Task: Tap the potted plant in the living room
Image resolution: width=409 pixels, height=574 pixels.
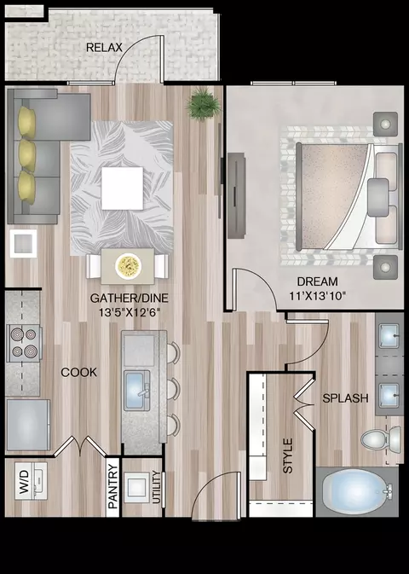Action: tap(203, 104)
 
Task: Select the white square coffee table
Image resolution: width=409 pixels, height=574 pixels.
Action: tap(122, 188)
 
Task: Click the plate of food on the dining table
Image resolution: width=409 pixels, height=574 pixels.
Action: tap(128, 265)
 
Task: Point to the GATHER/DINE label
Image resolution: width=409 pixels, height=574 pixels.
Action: tap(130, 298)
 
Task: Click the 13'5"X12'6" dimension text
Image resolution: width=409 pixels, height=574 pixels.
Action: tap(130, 313)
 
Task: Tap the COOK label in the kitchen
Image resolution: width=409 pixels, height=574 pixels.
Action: tap(79, 373)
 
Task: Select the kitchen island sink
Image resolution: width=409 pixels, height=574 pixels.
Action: tap(137, 391)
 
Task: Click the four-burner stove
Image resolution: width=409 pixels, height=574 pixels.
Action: tap(24, 343)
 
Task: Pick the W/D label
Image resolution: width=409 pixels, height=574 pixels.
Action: tap(23, 482)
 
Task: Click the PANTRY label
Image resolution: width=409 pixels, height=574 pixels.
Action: tap(113, 486)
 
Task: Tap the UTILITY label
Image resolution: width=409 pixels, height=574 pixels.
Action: tap(156, 487)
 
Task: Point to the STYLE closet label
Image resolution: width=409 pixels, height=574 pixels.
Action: tap(288, 455)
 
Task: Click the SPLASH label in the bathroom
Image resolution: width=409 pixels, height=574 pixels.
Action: tap(345, 398)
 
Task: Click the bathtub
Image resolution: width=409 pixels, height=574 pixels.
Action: tap(357, 491)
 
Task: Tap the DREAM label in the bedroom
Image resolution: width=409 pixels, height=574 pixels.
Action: tap(317, 281)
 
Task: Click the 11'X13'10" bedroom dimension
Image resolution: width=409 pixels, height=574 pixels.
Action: tap(318, 296)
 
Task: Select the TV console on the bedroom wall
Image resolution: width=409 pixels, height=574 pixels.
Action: tap(236, 196)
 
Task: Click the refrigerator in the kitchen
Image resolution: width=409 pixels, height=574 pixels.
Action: tap(28, 425)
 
